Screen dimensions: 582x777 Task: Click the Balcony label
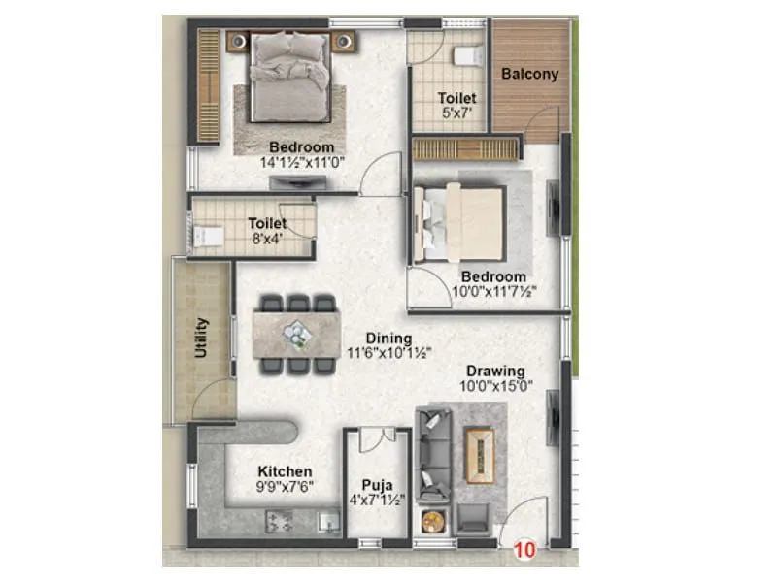coord(529,74)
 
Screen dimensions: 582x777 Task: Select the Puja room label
coord(376,484)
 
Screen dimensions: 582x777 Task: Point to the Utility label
coord(202,338)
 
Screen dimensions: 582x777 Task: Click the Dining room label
coord(388,339)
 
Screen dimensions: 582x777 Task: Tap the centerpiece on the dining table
coord(297,334)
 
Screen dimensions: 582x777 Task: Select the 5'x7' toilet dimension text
coord(456,114)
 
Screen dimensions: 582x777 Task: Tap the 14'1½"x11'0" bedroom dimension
coord(301,163)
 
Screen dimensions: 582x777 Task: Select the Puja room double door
coord(376,441)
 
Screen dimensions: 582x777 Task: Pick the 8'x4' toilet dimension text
coord(266,239)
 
